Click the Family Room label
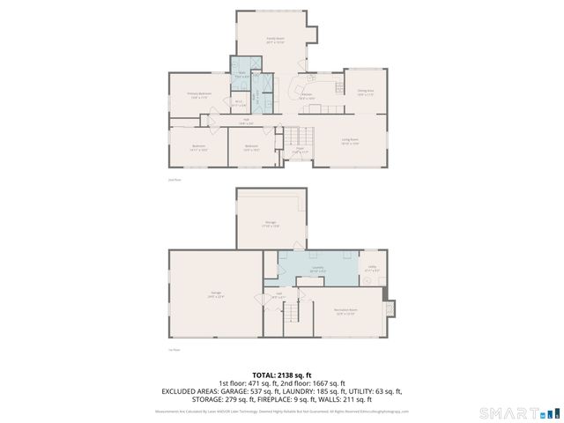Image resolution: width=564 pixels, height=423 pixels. pos(274,40)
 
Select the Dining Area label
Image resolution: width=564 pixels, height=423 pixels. pos(365,91)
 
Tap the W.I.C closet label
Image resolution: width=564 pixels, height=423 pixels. pos(238,102)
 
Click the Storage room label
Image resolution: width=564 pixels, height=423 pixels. pos(271,224)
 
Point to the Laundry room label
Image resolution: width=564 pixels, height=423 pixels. pos(315,271)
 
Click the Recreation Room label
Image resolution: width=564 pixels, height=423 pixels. pos(345,311)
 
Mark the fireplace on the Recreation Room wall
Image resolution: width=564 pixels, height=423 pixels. pos(391,310)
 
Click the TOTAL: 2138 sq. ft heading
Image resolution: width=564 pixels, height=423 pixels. pos(282,375)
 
